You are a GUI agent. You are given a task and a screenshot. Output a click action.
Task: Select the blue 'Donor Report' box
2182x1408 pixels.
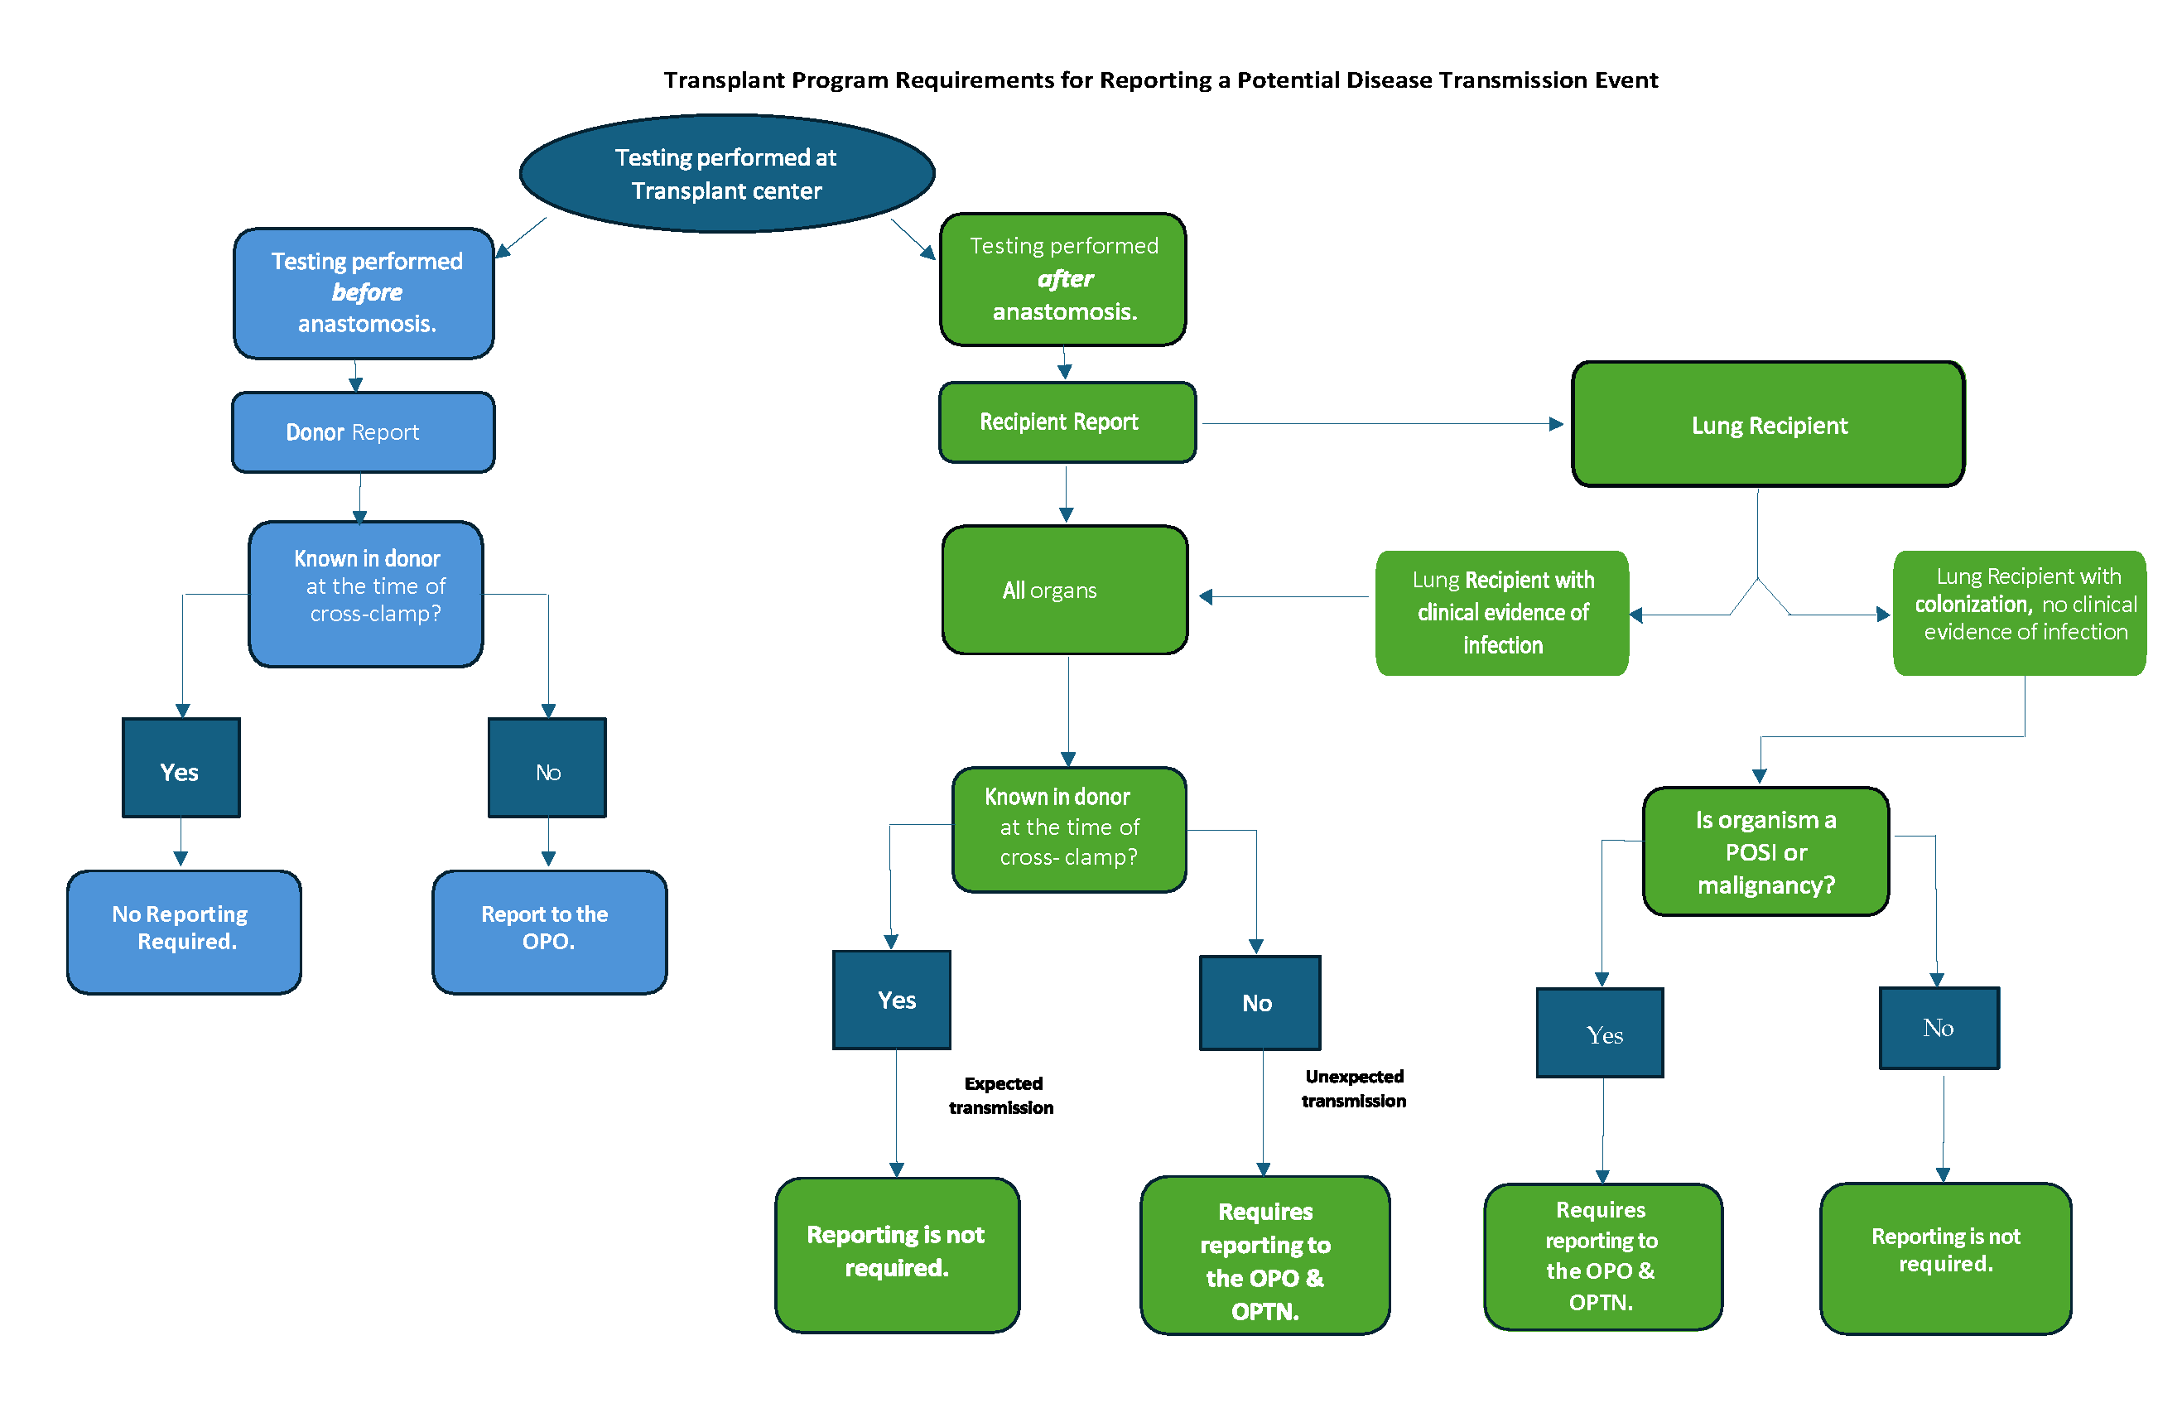[363, 432]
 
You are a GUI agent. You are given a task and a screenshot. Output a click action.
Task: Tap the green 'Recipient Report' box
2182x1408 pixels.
[1066, 422]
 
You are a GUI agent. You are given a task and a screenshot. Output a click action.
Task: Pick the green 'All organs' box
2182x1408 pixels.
[1064, 590]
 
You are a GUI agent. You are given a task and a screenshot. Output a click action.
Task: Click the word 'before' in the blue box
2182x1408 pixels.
[367, 292]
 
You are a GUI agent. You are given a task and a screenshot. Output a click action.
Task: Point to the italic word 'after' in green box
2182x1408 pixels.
[1065, 279]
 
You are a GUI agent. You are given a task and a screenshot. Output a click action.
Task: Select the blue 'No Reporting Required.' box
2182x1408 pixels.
[184, 930]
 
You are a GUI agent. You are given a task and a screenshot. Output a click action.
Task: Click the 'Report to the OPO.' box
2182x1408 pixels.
[548, 930]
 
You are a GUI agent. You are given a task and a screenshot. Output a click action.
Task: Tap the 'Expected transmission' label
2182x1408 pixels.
[1001, 1094]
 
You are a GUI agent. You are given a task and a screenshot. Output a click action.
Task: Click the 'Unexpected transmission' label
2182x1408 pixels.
[1353, 1088]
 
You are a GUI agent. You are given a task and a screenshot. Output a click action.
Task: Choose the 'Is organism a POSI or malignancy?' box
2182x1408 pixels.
[1765, 851]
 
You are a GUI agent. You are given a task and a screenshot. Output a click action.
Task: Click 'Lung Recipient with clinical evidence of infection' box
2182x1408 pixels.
[1501, 612]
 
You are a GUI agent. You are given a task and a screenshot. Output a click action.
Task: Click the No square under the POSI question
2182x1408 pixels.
[1937, 1027]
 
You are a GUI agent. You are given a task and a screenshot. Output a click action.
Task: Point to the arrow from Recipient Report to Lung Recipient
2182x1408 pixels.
[1380, 423]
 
